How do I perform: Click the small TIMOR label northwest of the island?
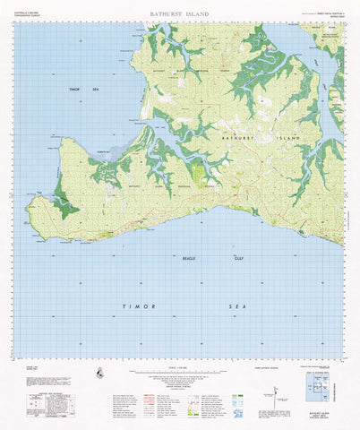coord(74,90)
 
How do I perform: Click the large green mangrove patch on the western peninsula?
coord(63,202)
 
